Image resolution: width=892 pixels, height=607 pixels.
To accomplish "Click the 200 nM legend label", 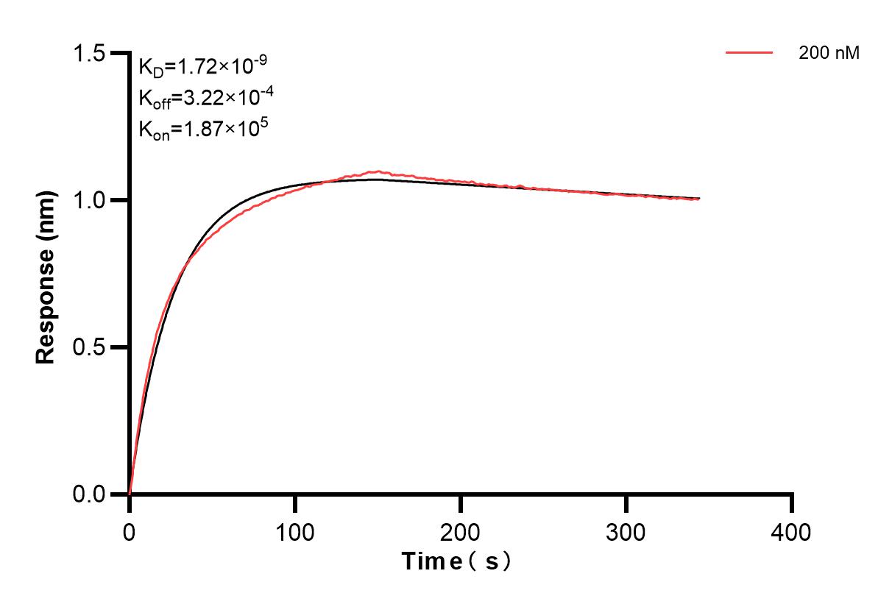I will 829,53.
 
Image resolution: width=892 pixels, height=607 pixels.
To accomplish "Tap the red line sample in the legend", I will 749,53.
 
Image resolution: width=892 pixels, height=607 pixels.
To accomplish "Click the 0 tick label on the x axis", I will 130,531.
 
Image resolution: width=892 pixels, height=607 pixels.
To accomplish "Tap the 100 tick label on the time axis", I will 295,531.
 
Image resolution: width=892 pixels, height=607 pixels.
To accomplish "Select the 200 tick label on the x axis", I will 461,531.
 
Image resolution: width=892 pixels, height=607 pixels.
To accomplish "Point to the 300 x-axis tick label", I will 626,531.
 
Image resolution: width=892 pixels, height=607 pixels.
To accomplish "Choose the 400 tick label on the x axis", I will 792,531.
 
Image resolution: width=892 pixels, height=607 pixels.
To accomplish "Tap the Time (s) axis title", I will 456,562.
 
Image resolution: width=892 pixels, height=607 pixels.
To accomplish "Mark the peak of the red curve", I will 377,172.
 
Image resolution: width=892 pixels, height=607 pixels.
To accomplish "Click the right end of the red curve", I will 698,199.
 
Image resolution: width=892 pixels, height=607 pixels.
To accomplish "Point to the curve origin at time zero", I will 130,493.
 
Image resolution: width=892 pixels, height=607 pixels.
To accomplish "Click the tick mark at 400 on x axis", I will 792,503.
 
